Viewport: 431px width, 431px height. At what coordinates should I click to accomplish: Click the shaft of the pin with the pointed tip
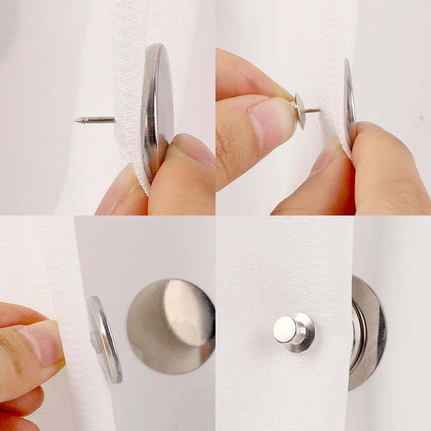97,120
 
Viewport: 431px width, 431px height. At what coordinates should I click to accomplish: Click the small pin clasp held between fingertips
300,110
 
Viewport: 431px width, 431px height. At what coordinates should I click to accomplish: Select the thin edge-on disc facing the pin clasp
349,103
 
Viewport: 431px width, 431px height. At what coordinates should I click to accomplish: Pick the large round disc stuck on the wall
171,326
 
